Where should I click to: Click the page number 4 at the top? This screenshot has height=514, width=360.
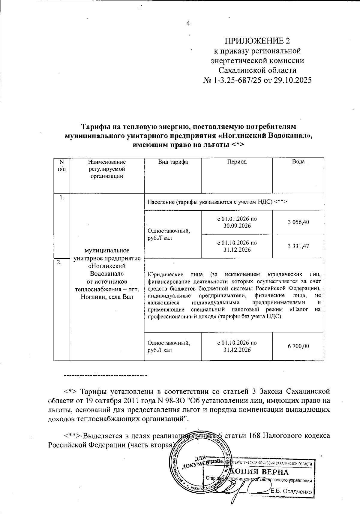coord(188,23)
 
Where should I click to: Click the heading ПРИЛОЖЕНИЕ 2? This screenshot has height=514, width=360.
coord(257,41)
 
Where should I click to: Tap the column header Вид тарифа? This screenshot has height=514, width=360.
coord(173,162)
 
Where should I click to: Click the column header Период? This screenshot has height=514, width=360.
coord(237,162)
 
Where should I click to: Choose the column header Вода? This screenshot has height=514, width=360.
coord(298,162)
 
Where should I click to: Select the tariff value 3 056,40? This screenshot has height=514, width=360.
coord(298,222)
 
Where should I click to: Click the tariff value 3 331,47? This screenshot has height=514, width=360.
coord(298,246)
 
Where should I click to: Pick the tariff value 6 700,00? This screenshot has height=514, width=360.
coord(298,346)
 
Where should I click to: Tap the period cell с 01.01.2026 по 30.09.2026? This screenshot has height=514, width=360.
coord(237,222)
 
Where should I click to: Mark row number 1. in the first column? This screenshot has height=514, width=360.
coord(61,197)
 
